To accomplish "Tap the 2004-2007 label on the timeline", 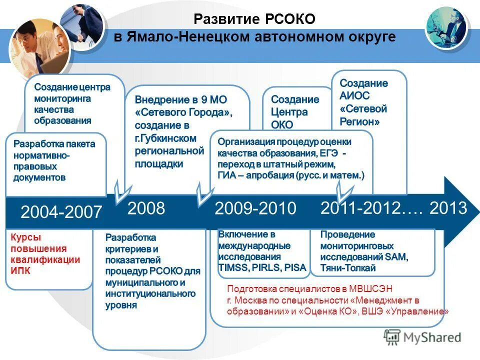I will (61, 212).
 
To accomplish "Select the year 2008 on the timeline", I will (146, 208).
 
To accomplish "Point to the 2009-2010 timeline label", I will (255, 208).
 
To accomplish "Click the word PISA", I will (294, 267).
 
